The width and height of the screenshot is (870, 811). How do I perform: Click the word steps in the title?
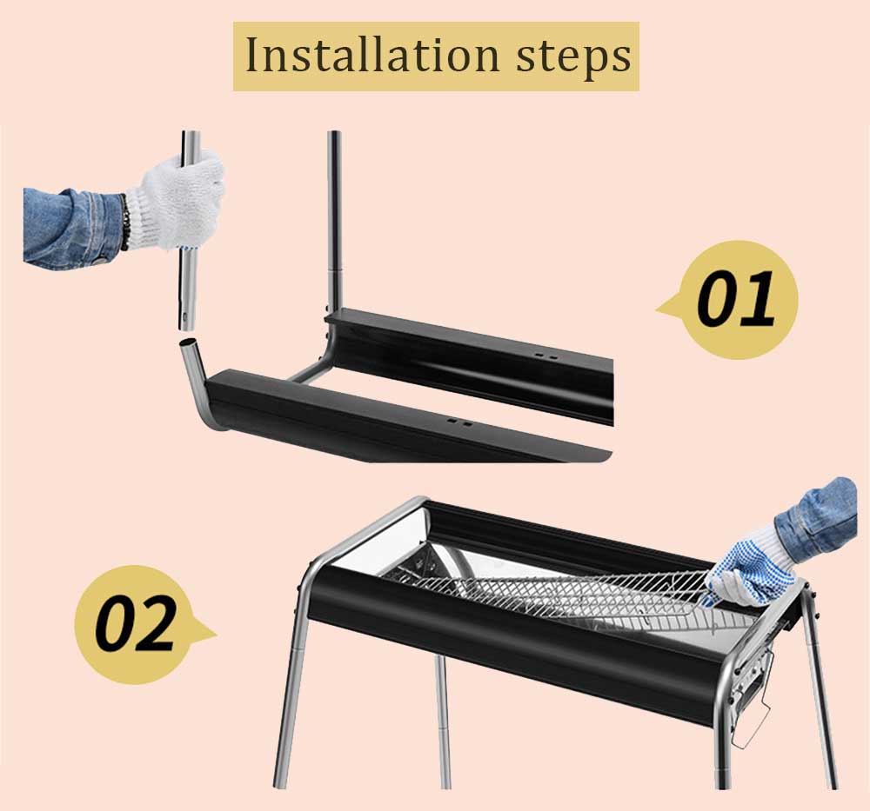tap(573, 57)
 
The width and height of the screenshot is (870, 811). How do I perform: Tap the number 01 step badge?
tap(729, 300)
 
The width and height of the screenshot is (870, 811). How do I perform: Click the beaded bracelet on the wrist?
tap(124, 222)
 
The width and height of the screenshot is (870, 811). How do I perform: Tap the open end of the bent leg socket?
tap(189, 342)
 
